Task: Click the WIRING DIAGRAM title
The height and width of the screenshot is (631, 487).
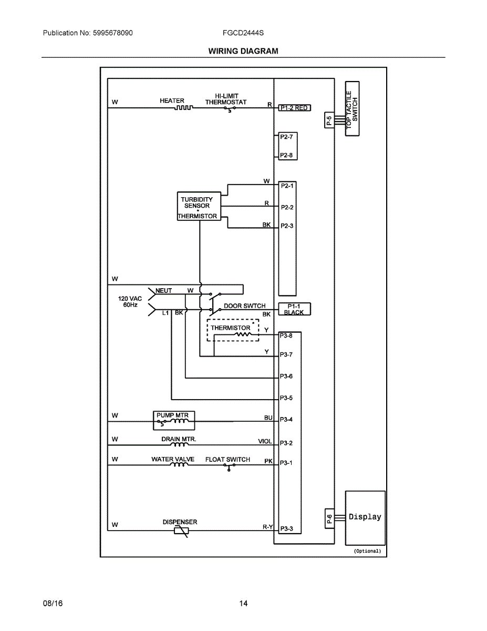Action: [x=243, y=51]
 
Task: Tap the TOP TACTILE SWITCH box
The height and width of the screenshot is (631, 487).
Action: [x=352, y=109]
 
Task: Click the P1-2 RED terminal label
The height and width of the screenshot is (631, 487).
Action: [x=294, y=108]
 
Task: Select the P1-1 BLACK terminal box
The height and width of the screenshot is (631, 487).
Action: [x=294, y=309]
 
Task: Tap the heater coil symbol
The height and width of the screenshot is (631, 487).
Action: [x=184, y=108]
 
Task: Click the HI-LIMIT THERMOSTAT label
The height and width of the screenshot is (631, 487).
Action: [x=226, y=99]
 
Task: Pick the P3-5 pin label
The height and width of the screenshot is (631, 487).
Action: [x=286, y=398]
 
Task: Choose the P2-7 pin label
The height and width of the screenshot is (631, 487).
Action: [x=286, y=136]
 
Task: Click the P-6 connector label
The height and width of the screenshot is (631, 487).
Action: [x=329, y=520]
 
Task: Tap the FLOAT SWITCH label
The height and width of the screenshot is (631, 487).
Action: [x=227, y=460]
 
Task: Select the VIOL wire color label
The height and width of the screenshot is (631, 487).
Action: [x=265, y=442]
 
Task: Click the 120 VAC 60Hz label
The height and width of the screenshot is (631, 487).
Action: [x=130, y=301]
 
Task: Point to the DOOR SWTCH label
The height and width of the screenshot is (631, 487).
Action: [x=244, y=306]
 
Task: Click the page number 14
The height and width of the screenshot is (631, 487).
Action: [x=243, y=603]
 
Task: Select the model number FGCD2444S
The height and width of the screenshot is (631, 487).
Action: [x=243, y=33]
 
